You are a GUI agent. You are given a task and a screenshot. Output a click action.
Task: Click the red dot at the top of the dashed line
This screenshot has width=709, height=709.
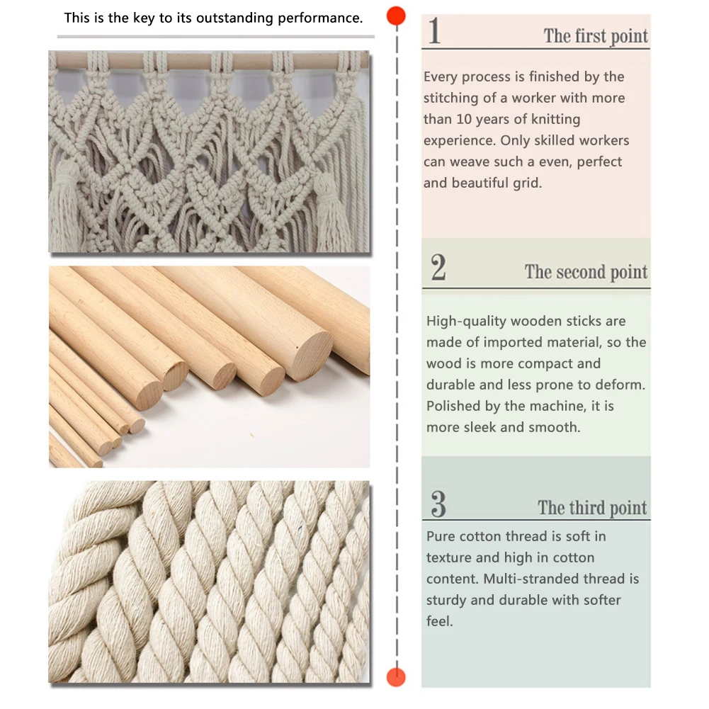pyautogui.click(x=396, y=16)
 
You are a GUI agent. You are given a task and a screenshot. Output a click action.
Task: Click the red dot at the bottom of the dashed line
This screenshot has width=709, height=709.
pyautogui.click(x=396, y=677)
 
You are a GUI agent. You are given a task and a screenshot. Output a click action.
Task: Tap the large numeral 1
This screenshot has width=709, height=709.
pyautogui.click(x=434, y=30)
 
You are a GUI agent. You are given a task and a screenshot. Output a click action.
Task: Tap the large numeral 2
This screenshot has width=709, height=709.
pyautogui.click(x=438, y=267)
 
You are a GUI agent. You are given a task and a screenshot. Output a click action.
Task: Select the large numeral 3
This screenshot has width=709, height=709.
pyautogui.click(x=438, y=504)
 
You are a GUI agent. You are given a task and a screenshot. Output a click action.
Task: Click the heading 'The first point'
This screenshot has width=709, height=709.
pyautogui.click(x=596, y=35)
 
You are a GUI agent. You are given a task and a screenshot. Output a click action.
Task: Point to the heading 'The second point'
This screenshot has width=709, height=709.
pyautogui.click(x=586, y=272)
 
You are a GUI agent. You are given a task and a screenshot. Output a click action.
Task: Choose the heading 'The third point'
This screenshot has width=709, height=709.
pyautogui.click(x=592, y=508)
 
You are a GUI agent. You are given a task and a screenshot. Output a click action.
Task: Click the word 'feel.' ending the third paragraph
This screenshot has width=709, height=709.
pyautogui.click(x=440, y=621)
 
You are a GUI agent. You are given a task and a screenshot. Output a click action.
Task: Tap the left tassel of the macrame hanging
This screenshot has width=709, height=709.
pyautogui.click(x=66, y=203)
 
